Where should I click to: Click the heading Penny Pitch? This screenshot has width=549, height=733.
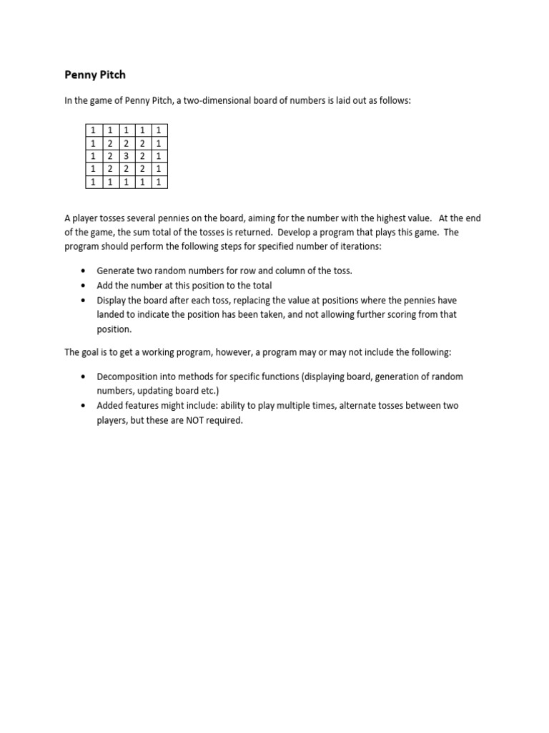pos(95,74)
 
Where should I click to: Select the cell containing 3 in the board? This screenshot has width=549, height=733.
pos(127,156)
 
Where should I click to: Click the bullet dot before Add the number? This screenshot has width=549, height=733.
pos(84,286)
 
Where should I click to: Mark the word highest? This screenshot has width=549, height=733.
pos(389,218)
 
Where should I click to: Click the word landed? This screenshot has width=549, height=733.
pos(112,314)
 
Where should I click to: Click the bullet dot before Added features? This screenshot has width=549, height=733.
pos(84,406)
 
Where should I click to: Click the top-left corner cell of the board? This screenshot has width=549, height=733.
pos(93,130)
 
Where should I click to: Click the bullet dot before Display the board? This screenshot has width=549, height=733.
pos(84,300)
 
